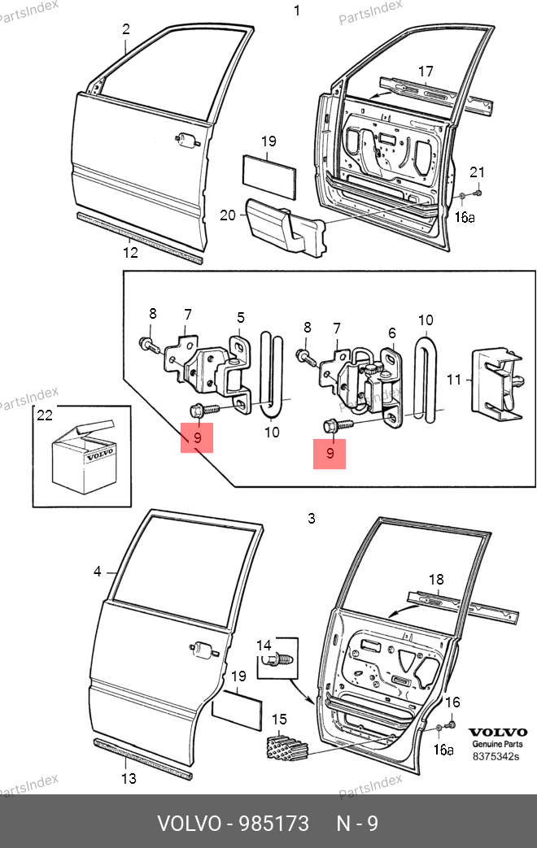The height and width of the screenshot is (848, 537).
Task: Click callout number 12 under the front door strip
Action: pyautogui.click(x=130, y=253)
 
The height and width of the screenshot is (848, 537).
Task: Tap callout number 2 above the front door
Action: pyautogui.click(x=126, y=30)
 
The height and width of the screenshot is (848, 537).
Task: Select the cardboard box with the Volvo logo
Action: pyautogui.click(x=82, y=459)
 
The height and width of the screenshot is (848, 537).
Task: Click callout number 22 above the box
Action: pyautogui.click(x=44, y=416)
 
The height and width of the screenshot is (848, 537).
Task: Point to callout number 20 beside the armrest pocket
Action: pyautogui.click(x=228, y=215)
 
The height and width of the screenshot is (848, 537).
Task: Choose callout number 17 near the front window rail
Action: pyautogui.click(x=426, y=72)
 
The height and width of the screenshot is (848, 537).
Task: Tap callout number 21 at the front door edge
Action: pyautogui.click(x=478, y=172)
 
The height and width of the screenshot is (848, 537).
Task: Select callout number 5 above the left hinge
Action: pyautogui.click(x=241, y=317)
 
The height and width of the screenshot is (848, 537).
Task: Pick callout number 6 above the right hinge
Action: pyautogui.click(x=391, y=333)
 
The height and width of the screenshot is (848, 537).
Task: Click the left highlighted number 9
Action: pyautogui.click(x=196, y=437)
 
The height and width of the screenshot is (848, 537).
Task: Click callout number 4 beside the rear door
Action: pyautogui.click(x=98, y=572)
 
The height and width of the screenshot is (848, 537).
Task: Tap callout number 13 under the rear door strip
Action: pyautogui.click(x=127, y=778)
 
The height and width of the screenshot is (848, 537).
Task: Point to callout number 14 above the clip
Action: pyautogui.click(x=263, y=645)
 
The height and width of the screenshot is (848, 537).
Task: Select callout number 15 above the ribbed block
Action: pyautogui.click(x=279, y=719)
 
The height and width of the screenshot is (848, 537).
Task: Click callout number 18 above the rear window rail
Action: pyautogui.click(x=436, y=580)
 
